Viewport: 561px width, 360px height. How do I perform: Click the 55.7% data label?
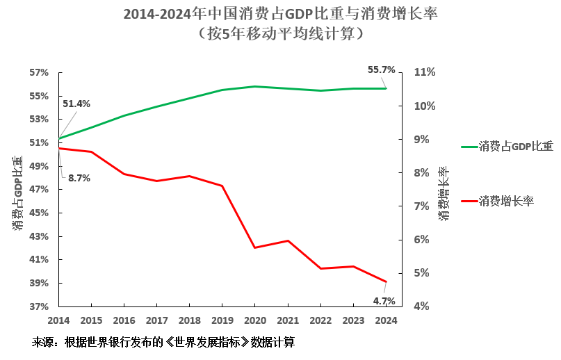381,70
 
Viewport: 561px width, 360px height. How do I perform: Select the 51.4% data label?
76,104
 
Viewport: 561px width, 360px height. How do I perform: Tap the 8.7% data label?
79,178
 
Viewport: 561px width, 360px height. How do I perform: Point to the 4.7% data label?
384,301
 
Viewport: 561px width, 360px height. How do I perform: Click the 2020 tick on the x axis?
254,320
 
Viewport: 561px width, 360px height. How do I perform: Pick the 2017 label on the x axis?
156,320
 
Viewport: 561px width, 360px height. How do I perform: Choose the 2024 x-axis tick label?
385,320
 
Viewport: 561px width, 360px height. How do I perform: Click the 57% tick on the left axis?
39,72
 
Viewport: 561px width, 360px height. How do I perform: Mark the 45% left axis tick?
39,213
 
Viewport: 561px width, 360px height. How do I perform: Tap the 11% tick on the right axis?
424,72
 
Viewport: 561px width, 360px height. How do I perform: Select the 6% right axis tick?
424,240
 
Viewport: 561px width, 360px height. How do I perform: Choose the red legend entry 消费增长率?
505,201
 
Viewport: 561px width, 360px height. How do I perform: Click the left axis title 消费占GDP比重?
18,192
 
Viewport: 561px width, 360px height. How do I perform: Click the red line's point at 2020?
254,247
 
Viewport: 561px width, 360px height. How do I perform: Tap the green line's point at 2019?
222,90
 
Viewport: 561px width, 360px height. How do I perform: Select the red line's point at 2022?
320,268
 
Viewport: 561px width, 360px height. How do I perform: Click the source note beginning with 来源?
163,343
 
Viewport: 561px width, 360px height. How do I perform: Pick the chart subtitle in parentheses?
280,33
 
